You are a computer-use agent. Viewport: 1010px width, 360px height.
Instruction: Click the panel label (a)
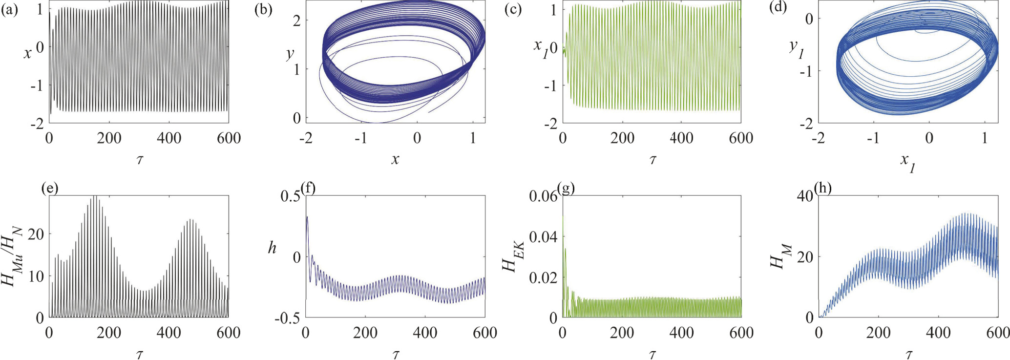pyautogui.click(x=9, y=10)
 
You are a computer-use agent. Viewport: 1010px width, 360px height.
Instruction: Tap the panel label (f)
pyautogui.click(x=309, y=189)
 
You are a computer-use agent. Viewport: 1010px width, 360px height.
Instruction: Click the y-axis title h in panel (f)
pyautogui.click(x=272, y=248)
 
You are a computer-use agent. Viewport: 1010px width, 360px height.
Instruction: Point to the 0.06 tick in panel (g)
pyautogui.click(x=543, y=196)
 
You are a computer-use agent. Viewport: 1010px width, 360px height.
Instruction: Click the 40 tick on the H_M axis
pyautogui.click(x=805, y=196)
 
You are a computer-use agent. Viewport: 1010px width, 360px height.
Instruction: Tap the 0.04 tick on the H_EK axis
pyautogui.click(x=543, y=237)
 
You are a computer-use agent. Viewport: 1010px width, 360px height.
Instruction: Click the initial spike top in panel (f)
pyautogui.click(x=307, y=216)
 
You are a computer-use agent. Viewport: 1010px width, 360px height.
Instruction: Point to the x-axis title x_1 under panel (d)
pyautogui.click(x=908, y=162)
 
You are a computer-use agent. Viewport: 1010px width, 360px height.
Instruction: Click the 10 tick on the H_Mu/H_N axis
pyautogui.click(x=36, y=276)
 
